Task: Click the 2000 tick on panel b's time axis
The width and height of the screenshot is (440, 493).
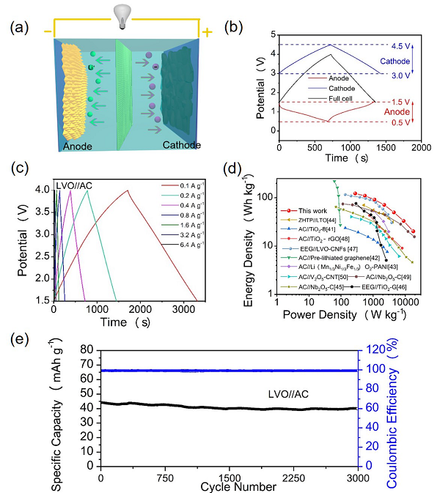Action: (420, 147)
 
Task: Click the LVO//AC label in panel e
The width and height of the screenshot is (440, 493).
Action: (286, 394)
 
